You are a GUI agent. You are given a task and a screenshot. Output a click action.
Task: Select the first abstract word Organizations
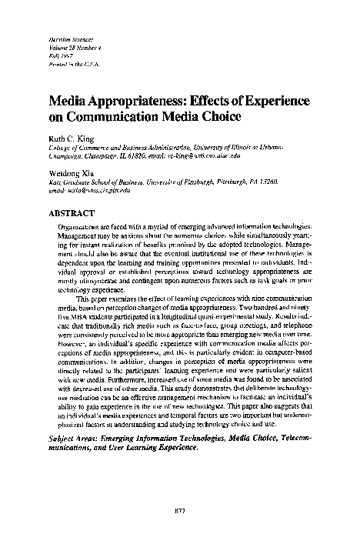(80, 229)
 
